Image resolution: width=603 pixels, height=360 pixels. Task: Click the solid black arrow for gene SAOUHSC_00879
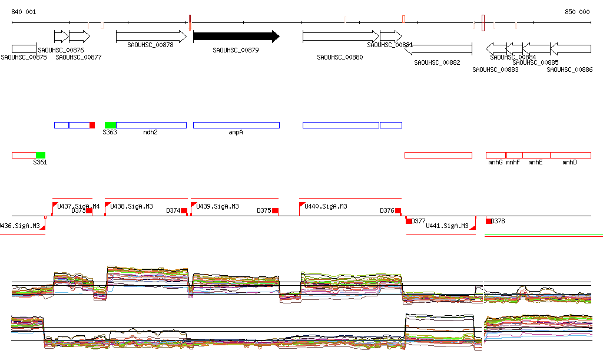point(236,37)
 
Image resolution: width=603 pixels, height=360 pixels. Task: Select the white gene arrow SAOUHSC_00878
point(151,37)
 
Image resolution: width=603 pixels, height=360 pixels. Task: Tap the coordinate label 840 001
point(24,12)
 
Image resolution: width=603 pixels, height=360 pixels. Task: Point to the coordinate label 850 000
point(577,12)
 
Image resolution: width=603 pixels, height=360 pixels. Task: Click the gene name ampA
point(236,133)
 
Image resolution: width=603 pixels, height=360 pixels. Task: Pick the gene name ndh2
point(150,133)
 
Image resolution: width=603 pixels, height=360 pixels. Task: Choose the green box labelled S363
point(110,125)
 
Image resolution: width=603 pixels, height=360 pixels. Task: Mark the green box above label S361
point(41,155)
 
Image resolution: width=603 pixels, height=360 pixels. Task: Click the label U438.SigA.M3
point(132,206)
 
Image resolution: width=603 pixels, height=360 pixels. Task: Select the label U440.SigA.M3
point(326,206)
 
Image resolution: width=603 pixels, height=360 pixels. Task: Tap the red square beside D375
point(275,210)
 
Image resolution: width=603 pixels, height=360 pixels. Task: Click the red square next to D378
point(489,221)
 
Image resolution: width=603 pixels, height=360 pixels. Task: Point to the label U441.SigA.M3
point(447,226)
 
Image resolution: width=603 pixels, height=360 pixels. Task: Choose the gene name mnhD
point(569,162)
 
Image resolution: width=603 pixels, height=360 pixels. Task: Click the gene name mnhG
point(495,162)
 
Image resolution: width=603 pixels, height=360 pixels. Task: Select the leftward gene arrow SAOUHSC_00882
point(438,49)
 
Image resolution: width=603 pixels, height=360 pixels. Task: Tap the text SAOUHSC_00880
point(340,57)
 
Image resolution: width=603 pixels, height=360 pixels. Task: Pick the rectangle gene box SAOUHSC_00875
point(24,48)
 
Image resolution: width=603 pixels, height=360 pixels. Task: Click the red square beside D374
point(184,210)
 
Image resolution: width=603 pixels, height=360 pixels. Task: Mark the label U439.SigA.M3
point(218,206)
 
